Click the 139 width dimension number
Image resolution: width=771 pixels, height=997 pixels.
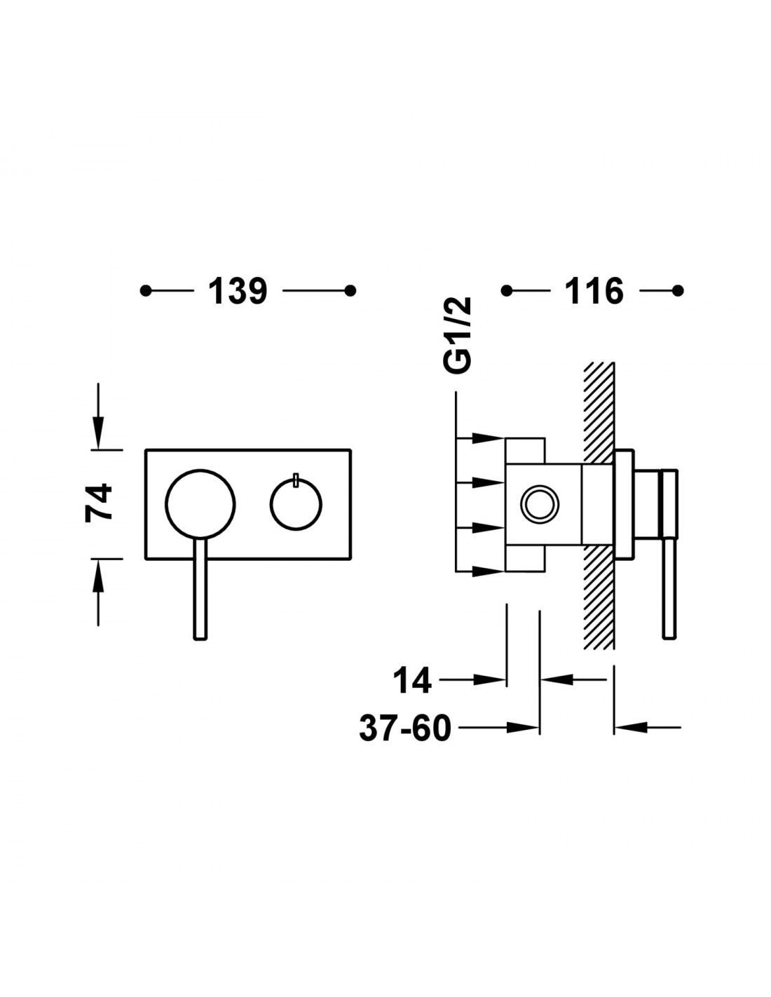237,291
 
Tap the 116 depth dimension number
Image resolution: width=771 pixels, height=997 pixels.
594,291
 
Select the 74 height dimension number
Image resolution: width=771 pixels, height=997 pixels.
99,503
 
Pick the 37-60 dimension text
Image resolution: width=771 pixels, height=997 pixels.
405,728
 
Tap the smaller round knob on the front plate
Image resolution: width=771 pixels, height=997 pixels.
296,505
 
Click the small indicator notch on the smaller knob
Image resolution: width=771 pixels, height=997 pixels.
296,479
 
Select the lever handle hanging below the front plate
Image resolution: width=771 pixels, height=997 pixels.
200,589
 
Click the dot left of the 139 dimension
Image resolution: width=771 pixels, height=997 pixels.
146,290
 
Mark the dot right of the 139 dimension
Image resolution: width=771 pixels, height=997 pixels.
350,290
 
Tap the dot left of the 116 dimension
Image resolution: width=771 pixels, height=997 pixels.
506,290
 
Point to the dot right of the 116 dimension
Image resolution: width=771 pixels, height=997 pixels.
678,290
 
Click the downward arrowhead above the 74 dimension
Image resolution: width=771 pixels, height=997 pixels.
98,432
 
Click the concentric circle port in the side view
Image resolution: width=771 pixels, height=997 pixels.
540,504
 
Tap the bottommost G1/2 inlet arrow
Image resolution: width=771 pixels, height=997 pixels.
479,571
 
